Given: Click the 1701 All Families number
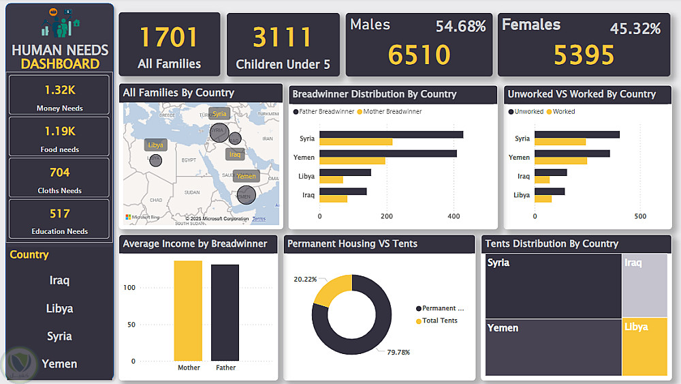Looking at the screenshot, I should pyautogui.click(x=169, y=38).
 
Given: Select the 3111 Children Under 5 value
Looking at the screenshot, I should pyautogui.click(x=283, y=38).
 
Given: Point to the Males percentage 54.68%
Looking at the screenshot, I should pyautogui.click(x=460, y=27).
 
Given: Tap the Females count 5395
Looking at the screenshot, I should pyautogui.click(x=584, y=55).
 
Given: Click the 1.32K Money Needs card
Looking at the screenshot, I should pyautogui.click(x=59, y=95).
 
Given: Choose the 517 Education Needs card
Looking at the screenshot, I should pyautogui.click(x=59, y=219).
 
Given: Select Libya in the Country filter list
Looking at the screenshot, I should pyautogui.click(x=59, y=308).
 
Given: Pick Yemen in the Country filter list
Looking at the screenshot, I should pyautogui.click(x=59, y=364).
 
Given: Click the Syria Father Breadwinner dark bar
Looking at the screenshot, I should pyautogui.click(x=391, y=134).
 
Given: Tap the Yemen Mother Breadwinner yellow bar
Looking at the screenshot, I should pyautogui.click(x=352, y=161).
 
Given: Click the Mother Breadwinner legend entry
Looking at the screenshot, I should pyautogui.click(x=392, y=111).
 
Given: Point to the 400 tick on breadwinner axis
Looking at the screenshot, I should pyautogui.click(x=454, y=216).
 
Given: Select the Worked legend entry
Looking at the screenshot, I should pyautogui.click(x=563, y=111).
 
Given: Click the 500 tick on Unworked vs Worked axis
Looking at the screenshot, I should pyautogui.click(x=640, y=216).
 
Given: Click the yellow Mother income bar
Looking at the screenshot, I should pyautogui.click(x=188, y=311).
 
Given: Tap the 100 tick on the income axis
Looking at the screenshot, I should pyautogui.click(x=129, y=288).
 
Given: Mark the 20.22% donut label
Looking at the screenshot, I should pyautogui.click(x=304, y=279).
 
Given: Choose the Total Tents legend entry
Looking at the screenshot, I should pyautogui.click(x=439, y=321).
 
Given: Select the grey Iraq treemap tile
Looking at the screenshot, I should pyautogui.click(x=644, y=286).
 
